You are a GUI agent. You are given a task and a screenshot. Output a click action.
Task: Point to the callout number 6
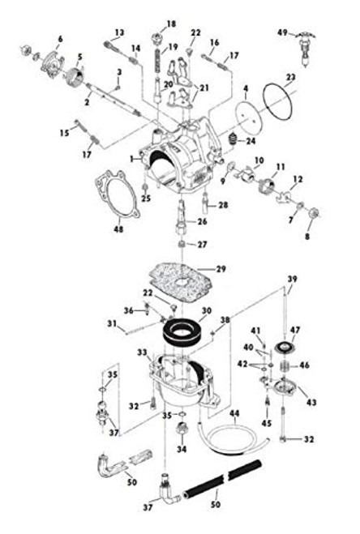pos(60,39)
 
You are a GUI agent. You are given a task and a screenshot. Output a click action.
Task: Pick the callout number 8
pos(307,237)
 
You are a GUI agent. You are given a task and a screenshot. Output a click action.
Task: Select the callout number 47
pos(296,330)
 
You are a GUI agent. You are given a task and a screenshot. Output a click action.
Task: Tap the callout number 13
pos(118,33)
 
